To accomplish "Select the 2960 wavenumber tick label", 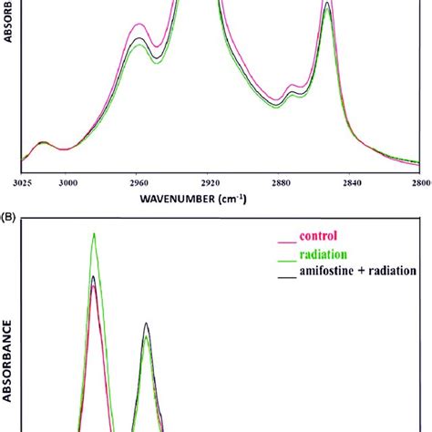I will (x=137, y=182).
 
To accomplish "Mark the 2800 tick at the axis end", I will (x=418, y=182).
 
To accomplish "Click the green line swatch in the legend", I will (x=284, y=257).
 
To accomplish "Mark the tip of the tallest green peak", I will (x=94, y=233).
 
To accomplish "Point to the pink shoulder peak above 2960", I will (x=139, y=26).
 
